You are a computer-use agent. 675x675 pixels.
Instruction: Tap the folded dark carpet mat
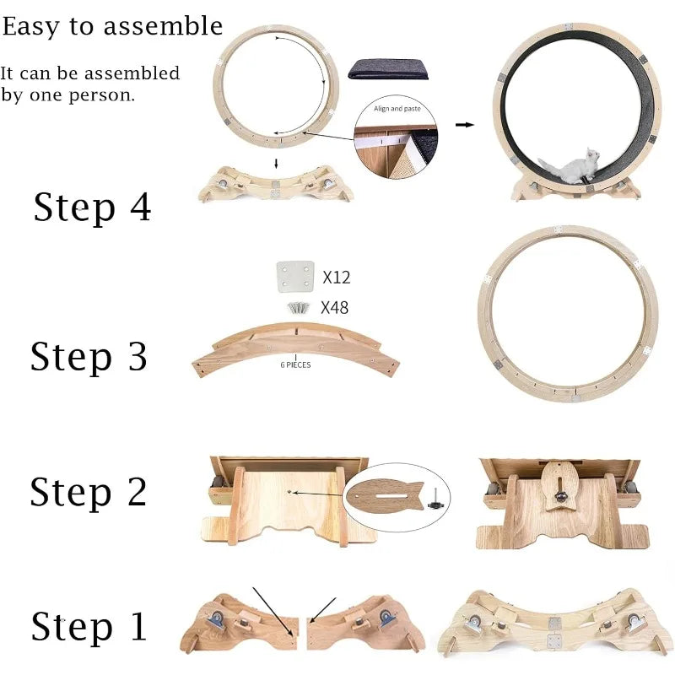[x=389, y=69]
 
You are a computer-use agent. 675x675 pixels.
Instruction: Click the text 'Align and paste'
[x=397, y=109]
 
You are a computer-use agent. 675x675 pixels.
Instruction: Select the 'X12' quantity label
[x=337, y=278]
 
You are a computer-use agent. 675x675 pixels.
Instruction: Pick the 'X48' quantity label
[x=334, y=308]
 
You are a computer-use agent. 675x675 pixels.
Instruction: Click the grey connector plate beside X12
[x=295, y=277]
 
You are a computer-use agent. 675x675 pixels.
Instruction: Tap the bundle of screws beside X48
[x=299, y=308]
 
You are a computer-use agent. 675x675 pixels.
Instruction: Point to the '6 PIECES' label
[x=295, y=364]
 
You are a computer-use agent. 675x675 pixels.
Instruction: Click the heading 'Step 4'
[x=92, y=208]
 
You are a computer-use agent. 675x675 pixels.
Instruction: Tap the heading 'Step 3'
[x=89, y=357]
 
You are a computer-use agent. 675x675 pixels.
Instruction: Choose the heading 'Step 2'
[x=89, y=492]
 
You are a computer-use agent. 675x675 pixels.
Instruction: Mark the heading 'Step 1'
[x=89, y=626]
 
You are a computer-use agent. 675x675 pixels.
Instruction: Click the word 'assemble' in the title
[x=163, y=26]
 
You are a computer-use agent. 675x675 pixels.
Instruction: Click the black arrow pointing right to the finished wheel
[x=465, y=125]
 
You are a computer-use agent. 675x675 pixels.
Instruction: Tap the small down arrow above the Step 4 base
[x=277, y=164]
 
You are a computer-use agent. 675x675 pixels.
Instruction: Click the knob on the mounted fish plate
[x=560, y=497]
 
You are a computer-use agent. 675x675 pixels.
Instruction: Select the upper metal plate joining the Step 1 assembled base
[x=554, y=623]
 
